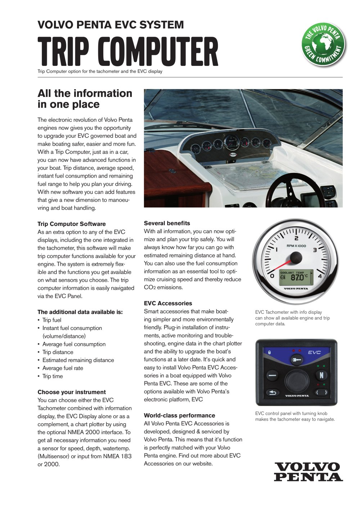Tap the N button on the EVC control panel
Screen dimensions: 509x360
pyautogui.click(x=321, y=375)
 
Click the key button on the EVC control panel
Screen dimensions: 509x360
pyautogui.click(x=296, y=360)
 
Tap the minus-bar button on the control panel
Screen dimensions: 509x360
pyautogui.click(x=273, y=376)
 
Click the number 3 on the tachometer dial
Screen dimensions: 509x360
pyautogui.click(x=315, y=250)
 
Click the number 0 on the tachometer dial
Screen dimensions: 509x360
pyautogui.click(x=272, y=276)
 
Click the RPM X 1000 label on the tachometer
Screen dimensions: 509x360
pyautogui.click(x=296, y=246)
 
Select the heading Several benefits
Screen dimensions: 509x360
pyautogui.click(x=167, y=223)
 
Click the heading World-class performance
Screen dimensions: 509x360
pyautogui.click(x=179, y=415)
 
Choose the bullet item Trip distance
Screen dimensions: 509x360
pyautogui.click(x=58, y=352)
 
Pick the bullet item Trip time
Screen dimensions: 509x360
pyautogui.click(x=53, y=376)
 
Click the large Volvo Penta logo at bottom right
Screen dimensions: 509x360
pyautogui.click(x=308, y=472)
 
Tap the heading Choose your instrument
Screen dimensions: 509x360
pyautogui.click(x=72, y=392)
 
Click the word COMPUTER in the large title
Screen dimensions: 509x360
pyautogui.click(x=158, y=53)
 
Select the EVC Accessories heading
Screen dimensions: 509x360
pyautogui.click(x=168, y=303)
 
